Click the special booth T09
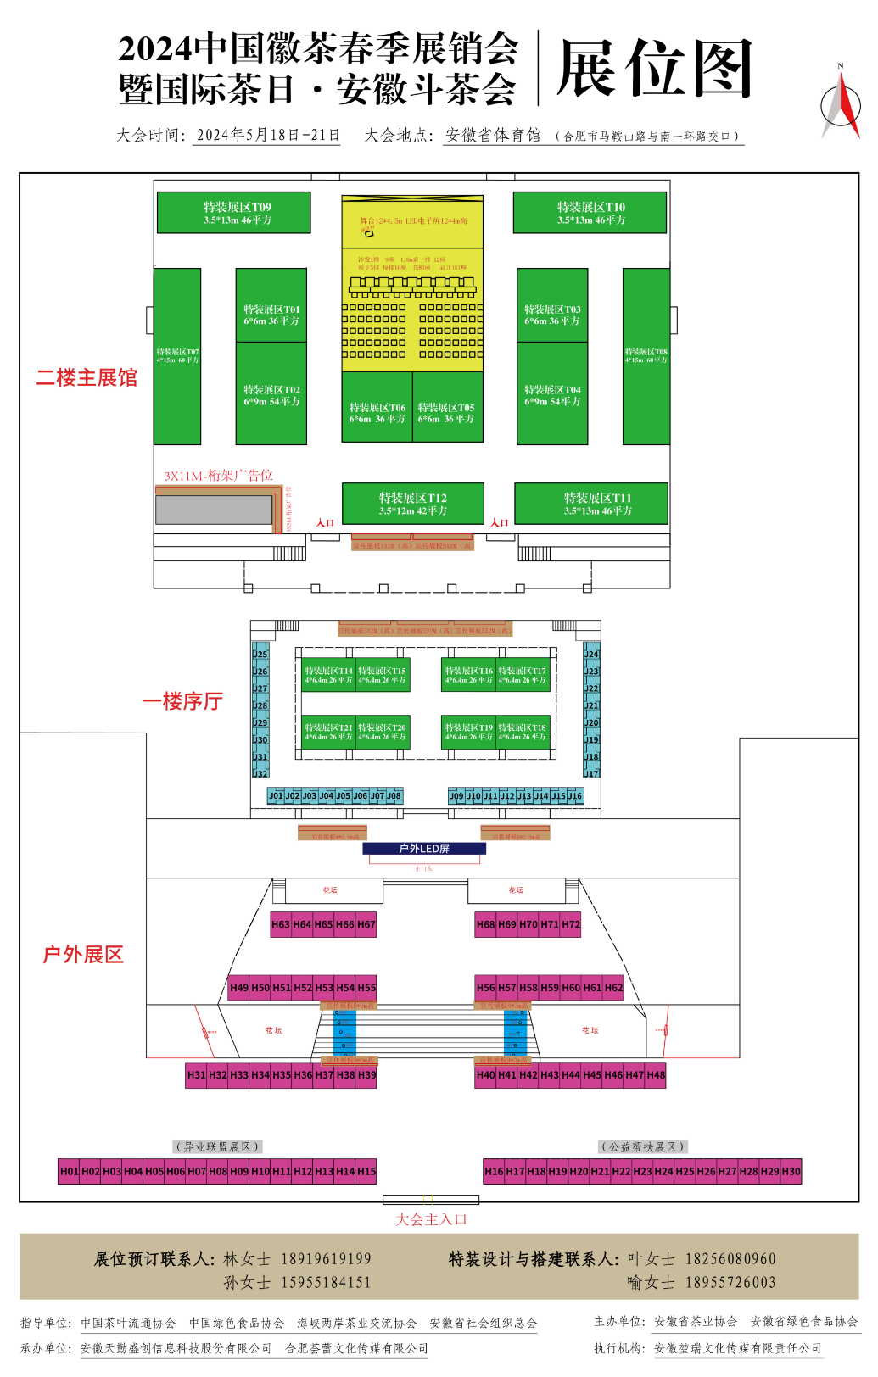pos(234,213)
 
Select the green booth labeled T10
pos(590,213)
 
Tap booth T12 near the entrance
pos(413,505)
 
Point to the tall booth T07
pos(177,356)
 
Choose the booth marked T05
pos(447,413)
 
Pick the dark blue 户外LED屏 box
pos(424,849)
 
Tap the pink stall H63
pos(281,925)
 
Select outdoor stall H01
pos(69,1172)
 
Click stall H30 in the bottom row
pos(791,1172)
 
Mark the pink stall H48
pos(656,1075)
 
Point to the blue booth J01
pos(276,796)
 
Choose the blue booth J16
pos(575,796)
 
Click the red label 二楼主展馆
pos(87,378)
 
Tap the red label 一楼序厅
pos(182,701)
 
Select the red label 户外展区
pos(83,955)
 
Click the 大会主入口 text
pos(431,1219)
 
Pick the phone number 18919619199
pos(326,1259)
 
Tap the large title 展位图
pos(655,70)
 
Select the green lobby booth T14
pos(328,675)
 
